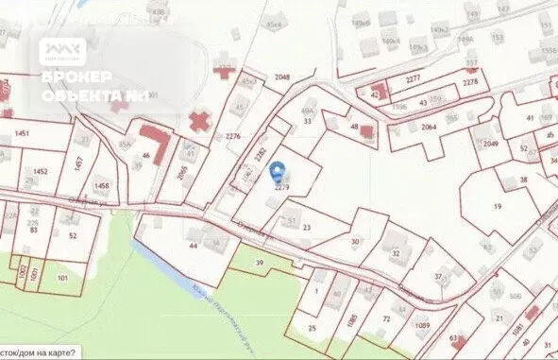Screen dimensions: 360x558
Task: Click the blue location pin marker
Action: tap(277, 172)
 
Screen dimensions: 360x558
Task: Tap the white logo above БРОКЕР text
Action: tap(62, 51)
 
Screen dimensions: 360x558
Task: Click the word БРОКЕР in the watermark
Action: tap(77, 77)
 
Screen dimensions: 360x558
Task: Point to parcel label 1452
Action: tap(40, 171)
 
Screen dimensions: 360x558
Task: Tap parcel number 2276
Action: tap(233, 136)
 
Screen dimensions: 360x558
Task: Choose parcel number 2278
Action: tap(469, 83)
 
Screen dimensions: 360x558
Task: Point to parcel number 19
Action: tap(496, 205)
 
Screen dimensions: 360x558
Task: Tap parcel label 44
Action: tap(193, 245)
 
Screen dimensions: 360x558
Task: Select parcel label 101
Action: tap(62, 279)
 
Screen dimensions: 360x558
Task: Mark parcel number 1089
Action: tap(422, 325)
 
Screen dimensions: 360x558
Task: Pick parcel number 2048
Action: tap(281, 76)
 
